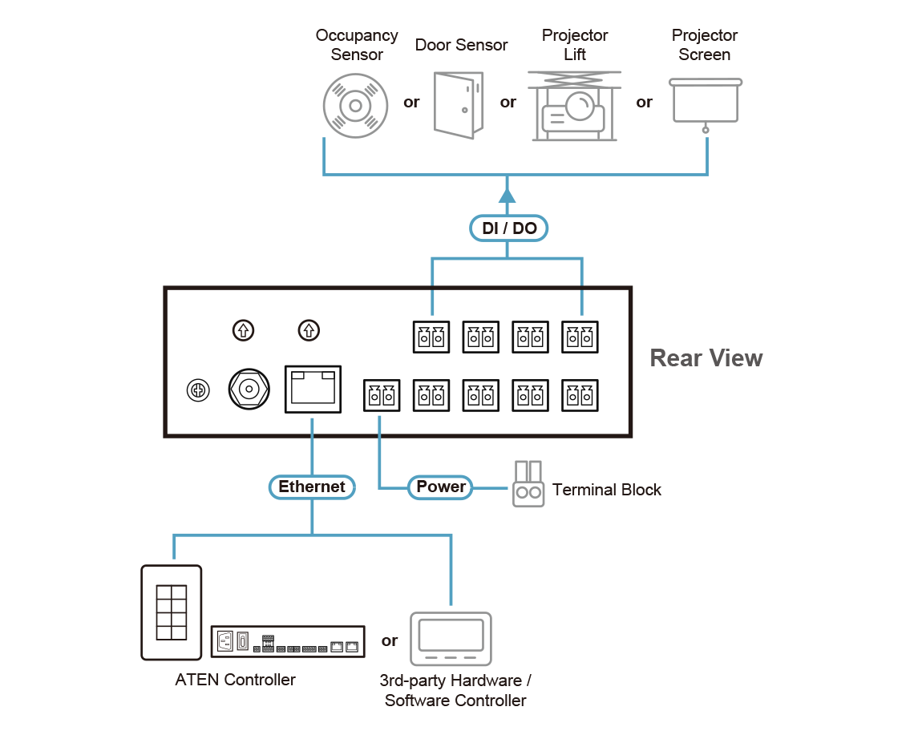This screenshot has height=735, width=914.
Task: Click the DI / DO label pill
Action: point(508,228)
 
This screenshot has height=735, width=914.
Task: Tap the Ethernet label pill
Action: point(311,487)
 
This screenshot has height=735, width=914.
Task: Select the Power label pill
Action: point(440,487)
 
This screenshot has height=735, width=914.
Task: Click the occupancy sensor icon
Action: point(355,106)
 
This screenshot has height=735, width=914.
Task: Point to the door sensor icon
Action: point(459,104)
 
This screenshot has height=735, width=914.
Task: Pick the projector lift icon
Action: point(574,107)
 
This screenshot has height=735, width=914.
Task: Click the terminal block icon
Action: point(528,485)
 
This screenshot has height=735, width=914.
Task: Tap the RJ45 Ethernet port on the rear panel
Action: point(313,389)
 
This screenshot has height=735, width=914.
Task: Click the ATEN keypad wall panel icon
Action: point(171,612)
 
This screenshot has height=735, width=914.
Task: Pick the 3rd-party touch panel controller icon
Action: point(451,639)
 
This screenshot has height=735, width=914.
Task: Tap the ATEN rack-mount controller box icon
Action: point(288,641)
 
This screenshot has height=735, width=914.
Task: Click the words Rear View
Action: point(706,357)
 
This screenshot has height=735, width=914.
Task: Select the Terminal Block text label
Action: point(607,490)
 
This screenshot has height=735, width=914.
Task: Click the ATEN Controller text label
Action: point(235,680)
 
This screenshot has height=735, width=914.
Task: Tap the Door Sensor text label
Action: point(461,45)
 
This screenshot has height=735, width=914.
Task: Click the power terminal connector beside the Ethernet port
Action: point(382,395)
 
